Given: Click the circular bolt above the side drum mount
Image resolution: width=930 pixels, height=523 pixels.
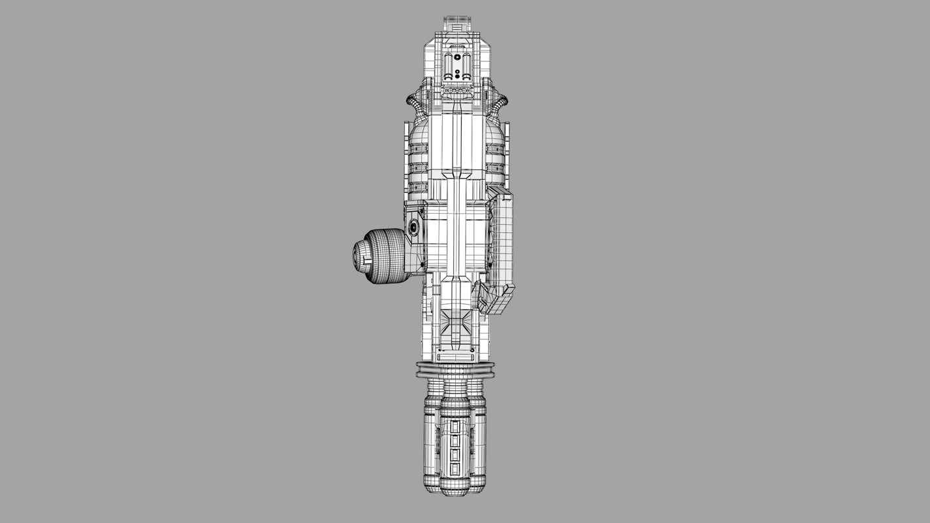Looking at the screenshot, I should coord(413,228).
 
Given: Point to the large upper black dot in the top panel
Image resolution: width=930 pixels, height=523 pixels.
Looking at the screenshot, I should coord(457,57).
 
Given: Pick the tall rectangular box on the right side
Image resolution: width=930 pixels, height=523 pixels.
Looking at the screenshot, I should coord(502,239).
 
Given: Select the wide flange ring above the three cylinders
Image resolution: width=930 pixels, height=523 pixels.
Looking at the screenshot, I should coord(456,370).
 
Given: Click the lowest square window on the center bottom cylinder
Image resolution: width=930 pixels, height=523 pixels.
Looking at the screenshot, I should coord(456,469).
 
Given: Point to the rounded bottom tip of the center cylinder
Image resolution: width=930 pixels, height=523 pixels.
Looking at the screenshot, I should coord(456,491).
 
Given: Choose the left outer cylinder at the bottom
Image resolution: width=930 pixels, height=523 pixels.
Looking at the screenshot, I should coord(432,445).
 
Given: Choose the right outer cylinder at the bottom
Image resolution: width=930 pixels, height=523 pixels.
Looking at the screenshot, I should coord(478,445).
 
